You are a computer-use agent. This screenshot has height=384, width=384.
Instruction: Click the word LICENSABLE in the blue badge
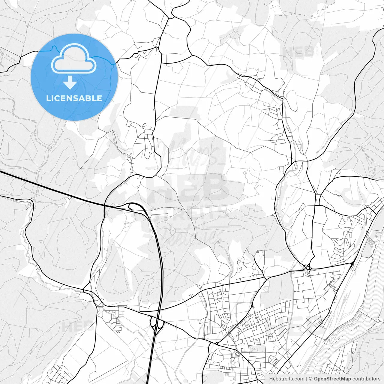[74, 98]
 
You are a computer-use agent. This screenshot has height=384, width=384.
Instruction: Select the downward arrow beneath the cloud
[70, 82]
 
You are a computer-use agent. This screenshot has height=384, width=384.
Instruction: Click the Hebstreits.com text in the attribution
[286, 379]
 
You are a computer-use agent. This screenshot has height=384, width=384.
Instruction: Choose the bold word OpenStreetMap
[332, 379]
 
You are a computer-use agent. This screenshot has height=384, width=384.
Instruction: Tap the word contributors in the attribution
[366, 379]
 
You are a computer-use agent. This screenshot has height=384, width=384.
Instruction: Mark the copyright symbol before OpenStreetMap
[311, 379]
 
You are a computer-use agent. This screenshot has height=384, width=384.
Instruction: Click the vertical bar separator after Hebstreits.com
[307, 379]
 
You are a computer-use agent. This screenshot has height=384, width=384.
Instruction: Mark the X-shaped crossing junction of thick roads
[307, 267]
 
